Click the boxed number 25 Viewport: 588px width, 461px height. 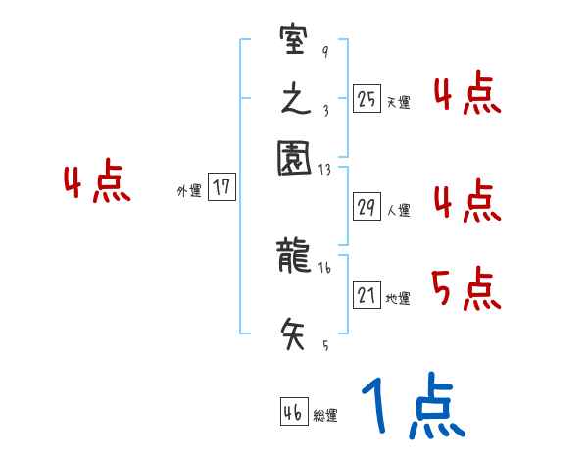367,99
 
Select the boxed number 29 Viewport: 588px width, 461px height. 367,207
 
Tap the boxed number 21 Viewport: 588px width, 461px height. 367,296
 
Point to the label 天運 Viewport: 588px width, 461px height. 398,102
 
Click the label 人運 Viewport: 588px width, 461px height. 398,210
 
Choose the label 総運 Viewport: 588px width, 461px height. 325,416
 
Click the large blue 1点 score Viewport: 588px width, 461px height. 412,407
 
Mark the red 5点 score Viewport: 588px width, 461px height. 466,288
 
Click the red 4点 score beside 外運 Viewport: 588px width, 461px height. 97,184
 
